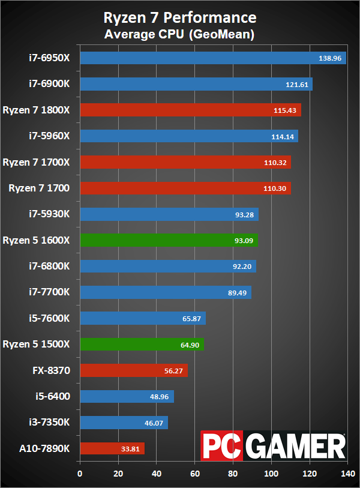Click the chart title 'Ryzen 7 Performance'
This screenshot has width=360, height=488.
(180, 17)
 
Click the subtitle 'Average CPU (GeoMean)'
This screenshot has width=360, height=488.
(180, 35)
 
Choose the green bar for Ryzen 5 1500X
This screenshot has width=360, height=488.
(142, 345)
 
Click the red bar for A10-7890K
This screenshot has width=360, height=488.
(112, 448)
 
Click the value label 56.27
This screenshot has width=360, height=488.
(174, 371)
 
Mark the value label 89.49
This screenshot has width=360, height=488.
(238, 293)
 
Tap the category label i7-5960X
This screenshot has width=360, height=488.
(50, 136)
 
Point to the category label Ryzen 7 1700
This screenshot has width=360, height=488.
(39, 188)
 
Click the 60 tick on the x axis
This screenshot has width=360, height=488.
(195, 474)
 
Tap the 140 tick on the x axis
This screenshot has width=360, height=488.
(347, 474)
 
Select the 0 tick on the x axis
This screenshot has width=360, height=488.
(80, 474)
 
